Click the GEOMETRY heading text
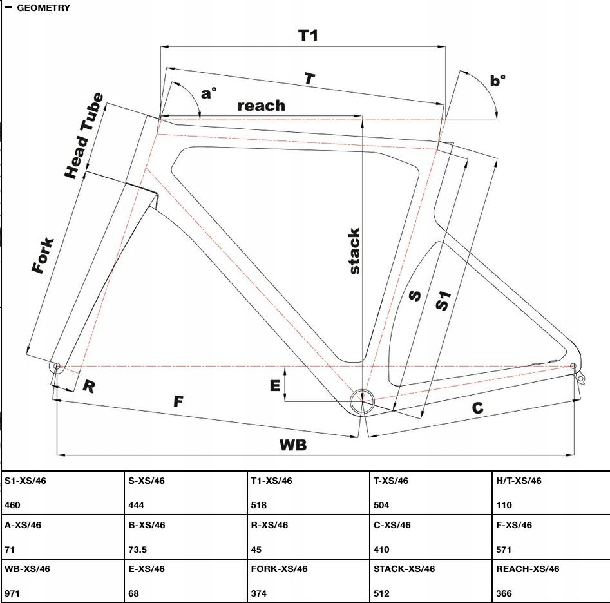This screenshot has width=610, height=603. pyautogui.click(x=43, y=8)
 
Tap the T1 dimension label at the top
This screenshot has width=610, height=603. pyautogui.click(x=309, y=35)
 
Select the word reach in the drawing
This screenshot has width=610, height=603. pyautogui.click(x=261, y=105)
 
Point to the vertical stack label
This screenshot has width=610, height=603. pyautogui.click(x=354, y=251)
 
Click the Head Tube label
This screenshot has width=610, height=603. pyautogui.click(x=84, y=135)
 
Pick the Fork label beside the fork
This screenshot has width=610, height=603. pyautogui.click(x=43, y=256)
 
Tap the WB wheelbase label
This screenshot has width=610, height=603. pyautogui.click(x=292, y=445)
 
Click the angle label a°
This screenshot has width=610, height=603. pyautogui.click(x=209, y=93)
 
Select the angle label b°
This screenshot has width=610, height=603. pyautogui.click(x=498, y=81)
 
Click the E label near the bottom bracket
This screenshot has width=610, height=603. pyautogui.click(x=275, y=385)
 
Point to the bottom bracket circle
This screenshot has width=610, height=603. pyautogui.click(x=362, y=401)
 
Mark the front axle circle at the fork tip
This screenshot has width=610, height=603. pyautogui.click(x=57, y=367)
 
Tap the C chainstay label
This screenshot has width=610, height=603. pyautogui.click(x=477, y=408)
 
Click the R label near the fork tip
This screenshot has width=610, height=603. pyautogui.click(x=89, y=387)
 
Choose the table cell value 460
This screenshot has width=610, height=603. pyautogui.click(x=13, y=506)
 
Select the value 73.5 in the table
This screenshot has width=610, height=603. pyautogui.click(x=138, y=550)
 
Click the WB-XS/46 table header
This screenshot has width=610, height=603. pyautogui.click(x=27, y=569)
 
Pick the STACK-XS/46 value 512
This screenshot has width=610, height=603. pyautogui.click(x=381, y=593)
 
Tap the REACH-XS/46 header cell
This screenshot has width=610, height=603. pyautogui.click(x=528, y=569)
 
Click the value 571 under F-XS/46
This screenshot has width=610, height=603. pyautogui.click(x=504, y=550)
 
